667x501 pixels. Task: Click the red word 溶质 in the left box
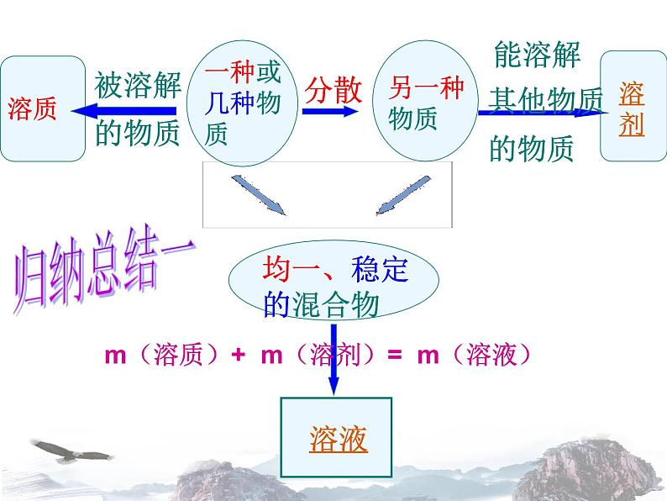[x=33, y=109]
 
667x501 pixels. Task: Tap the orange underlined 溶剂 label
[x=632, y=108]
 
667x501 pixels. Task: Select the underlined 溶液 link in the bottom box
[x=339, y=439]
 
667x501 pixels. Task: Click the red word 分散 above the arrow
[x=333, y=89]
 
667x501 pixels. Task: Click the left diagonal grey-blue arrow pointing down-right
[x=260, y=196]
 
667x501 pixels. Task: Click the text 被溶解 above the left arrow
[x=138, y=84]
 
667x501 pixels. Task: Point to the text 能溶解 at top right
[x=538, y=56]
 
